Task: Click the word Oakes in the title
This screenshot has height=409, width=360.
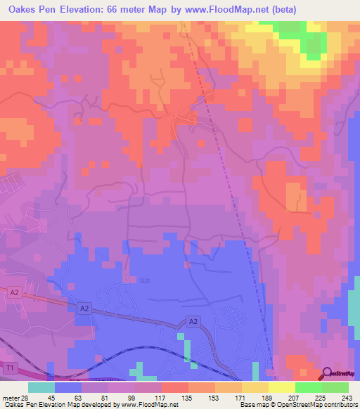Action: click(x=22, y=10)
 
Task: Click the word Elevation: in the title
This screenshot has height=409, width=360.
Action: click(x=89, y=10)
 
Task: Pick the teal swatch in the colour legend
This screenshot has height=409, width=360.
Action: click(x=41, y=387)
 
